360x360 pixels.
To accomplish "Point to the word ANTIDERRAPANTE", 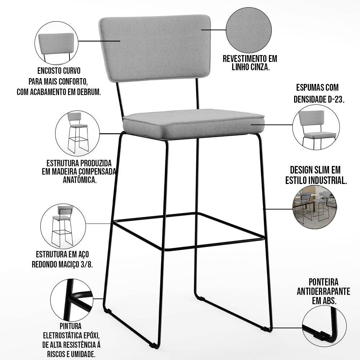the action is (323, 291).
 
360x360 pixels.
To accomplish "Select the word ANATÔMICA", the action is (80, 180).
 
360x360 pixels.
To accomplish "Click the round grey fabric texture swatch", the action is (249, 30).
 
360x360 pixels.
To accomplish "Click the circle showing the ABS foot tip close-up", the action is (324, 326).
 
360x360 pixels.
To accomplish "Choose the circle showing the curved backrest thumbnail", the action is (57, 43).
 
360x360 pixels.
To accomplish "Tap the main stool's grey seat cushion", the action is (194, 124).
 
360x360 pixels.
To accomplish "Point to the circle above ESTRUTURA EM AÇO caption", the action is (63, 226).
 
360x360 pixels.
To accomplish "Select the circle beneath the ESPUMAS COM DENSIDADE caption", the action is (316, 127).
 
